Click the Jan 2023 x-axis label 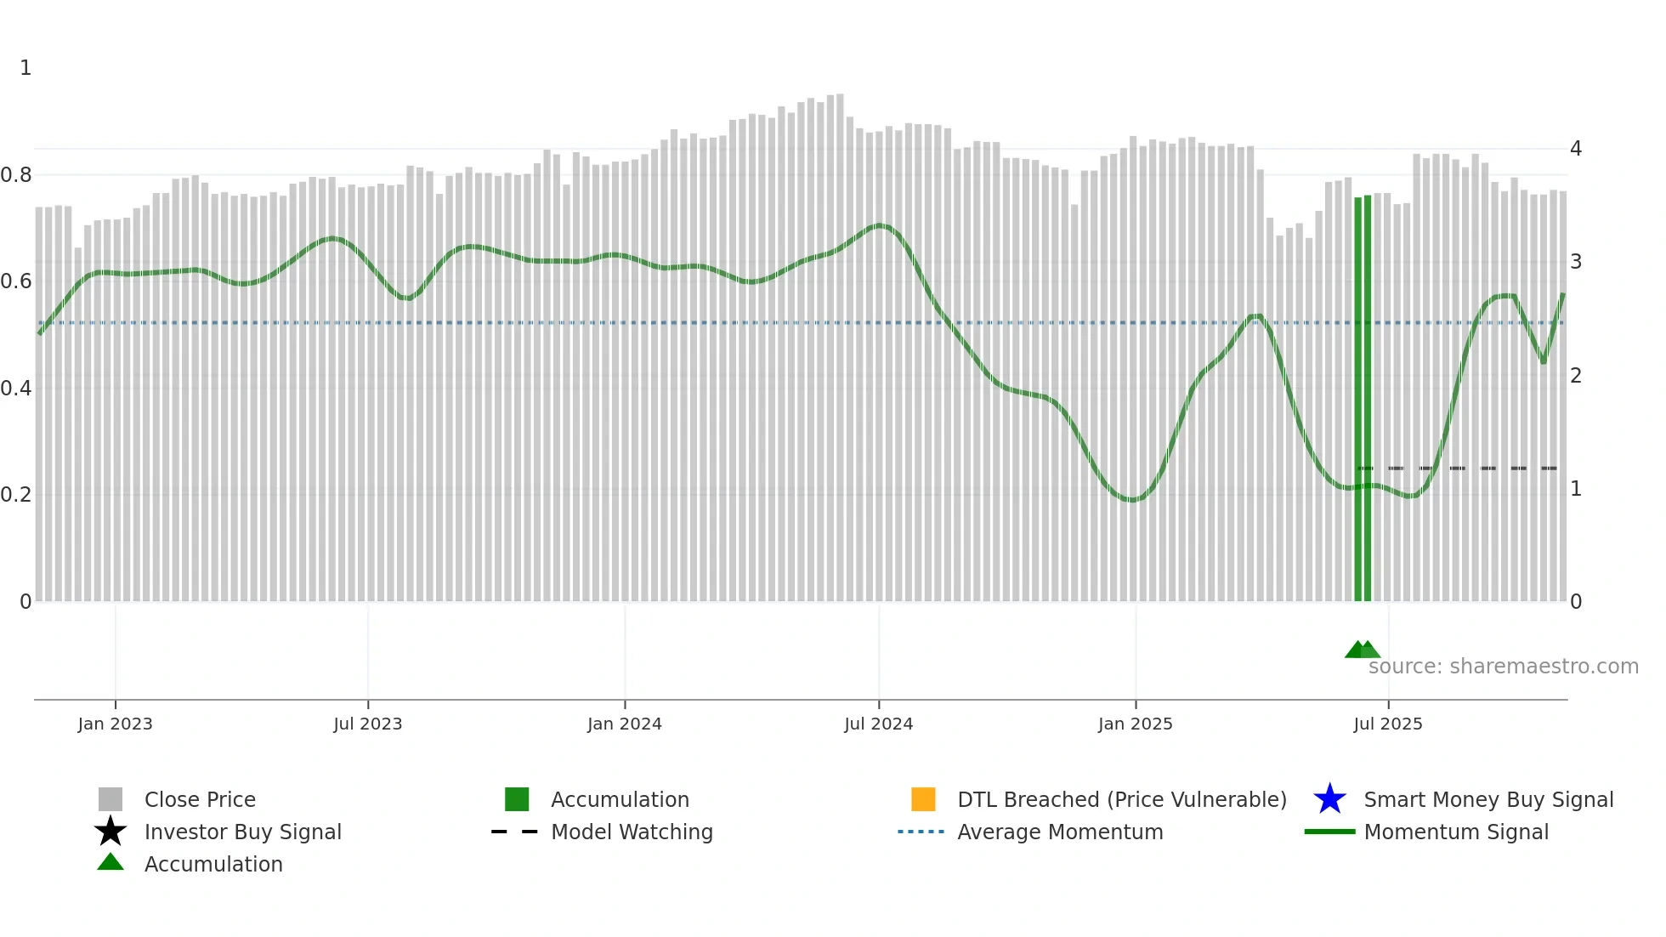(x=115, y=724)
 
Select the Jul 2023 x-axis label (x=367, y=724)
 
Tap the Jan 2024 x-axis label (x=624, y=724)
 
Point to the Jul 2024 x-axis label (x=878, y=724)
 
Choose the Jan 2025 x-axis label (x=1135, y=724)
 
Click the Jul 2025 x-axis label (x=1387, y=724)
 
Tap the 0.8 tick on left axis (x=16, y=175)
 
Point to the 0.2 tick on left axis (x=16, y=495)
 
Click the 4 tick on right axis (x=1576, y=149)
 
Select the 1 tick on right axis (x=1576, y=489)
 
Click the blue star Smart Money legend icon (x=1329, y=799)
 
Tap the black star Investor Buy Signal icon (x=110, y=832)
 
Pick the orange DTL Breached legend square (x=923, y=799)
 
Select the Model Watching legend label (x=632, y=832)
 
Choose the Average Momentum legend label (x=1060, y=832)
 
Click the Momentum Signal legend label (x=1456, y=832)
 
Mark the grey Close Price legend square (x=110, y=799)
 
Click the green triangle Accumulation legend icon (x=110, y=862)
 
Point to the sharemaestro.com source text (x=1503, y=667)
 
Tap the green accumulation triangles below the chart (x=1362, y=650)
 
